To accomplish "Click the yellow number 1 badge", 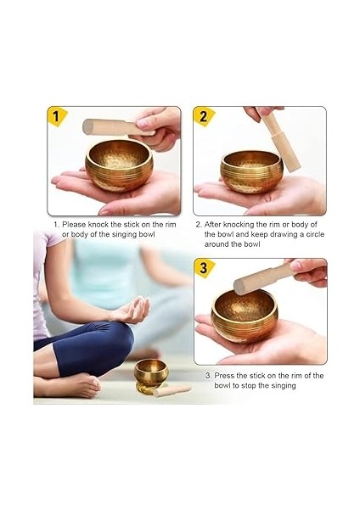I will point(57,115).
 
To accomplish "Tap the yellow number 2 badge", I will point(204,115).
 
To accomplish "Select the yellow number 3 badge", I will point(204,268).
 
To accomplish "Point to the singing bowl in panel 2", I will point(251,170).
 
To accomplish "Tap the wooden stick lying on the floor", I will point(173,390).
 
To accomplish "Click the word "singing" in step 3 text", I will point(277,385).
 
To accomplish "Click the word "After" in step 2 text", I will point(217,225).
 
